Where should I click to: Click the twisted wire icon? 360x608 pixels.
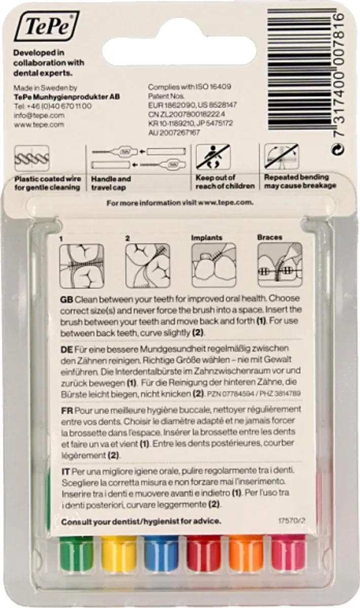[32, 159]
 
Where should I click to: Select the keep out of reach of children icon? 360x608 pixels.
[213, 157]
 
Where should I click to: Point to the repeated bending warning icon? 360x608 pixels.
[282, 157]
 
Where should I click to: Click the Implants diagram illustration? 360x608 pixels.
[214, 265]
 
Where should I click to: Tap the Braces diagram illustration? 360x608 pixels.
[280, 264]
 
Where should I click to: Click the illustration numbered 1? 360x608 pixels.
[82, 266]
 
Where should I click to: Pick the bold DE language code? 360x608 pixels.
[67, 349]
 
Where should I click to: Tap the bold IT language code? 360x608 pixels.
[66, 472]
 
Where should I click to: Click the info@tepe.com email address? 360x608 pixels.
[39, 116]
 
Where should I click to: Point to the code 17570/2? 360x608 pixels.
[294, 521]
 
